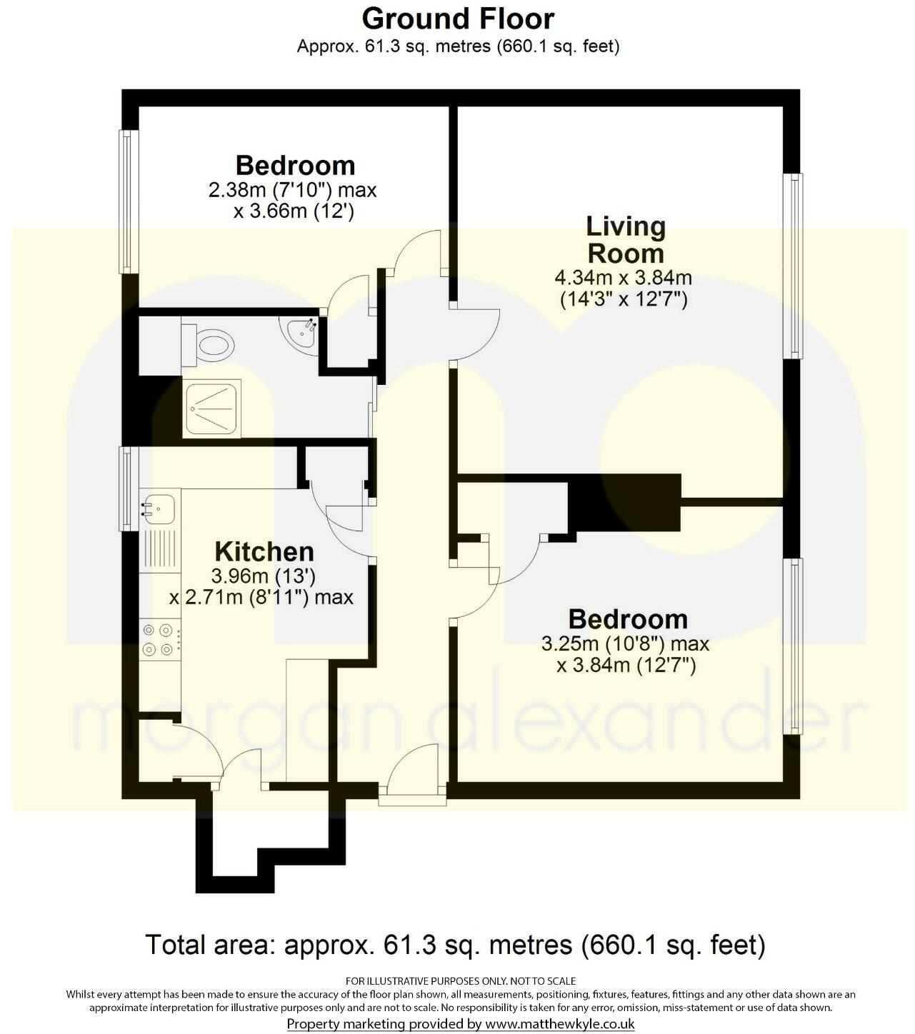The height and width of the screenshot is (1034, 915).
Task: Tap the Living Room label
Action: tap(625, 240)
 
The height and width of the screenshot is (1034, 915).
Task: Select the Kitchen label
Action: tap(264, 552)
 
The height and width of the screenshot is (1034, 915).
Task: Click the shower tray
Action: tap(211, 408)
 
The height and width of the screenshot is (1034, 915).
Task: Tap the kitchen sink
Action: tap(159, 507)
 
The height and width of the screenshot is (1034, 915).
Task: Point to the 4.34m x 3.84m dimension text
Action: tap(623, 278)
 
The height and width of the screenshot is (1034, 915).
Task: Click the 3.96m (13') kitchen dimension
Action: tap(264, 576)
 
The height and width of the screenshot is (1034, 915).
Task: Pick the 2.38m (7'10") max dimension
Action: tap(292, 191)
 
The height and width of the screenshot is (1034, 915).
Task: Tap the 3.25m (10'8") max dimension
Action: tap(625, 643)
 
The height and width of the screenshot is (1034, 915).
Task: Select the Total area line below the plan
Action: tap(456, 945)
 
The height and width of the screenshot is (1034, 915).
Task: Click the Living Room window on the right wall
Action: tap(793, 265)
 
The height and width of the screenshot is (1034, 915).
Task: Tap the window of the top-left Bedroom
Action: tap(128, 201)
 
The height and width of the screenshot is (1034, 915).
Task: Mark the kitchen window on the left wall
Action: tap(128, 488)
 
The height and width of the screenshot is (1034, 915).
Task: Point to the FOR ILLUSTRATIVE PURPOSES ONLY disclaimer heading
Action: tap(461, 981)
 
